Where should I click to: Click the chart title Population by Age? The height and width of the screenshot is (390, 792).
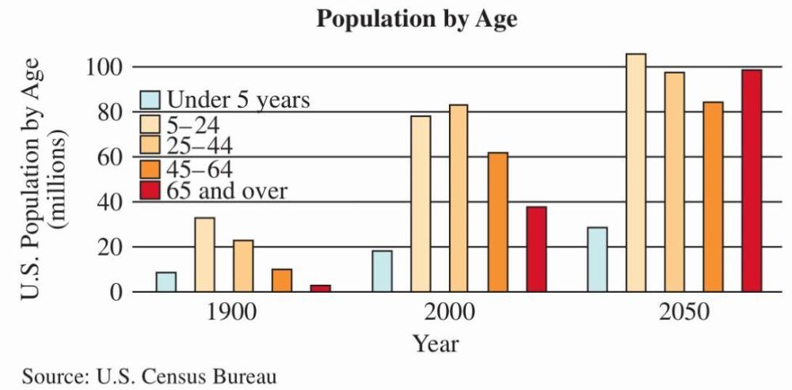point(417,19)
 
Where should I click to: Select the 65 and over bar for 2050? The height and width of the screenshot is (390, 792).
point(752,181)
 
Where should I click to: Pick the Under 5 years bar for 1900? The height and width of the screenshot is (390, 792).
point(166,282)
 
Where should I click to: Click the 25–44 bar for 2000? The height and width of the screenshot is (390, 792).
point(459,199)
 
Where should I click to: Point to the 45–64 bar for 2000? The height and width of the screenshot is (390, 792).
point(497,222)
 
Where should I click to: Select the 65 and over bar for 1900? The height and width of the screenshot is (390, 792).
point(321,289)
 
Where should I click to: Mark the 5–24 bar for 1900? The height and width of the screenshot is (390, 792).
point(204,255)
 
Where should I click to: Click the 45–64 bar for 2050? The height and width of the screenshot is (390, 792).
point(713,197)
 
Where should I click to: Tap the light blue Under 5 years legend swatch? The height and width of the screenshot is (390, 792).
point(150,100)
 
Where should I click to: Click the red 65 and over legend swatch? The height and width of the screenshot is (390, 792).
point(150,191)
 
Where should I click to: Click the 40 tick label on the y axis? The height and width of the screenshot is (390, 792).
point(109,203)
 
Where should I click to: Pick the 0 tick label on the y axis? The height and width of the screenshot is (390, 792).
point(116,293)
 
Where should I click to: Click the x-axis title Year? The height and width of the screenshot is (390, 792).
point(435,344)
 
